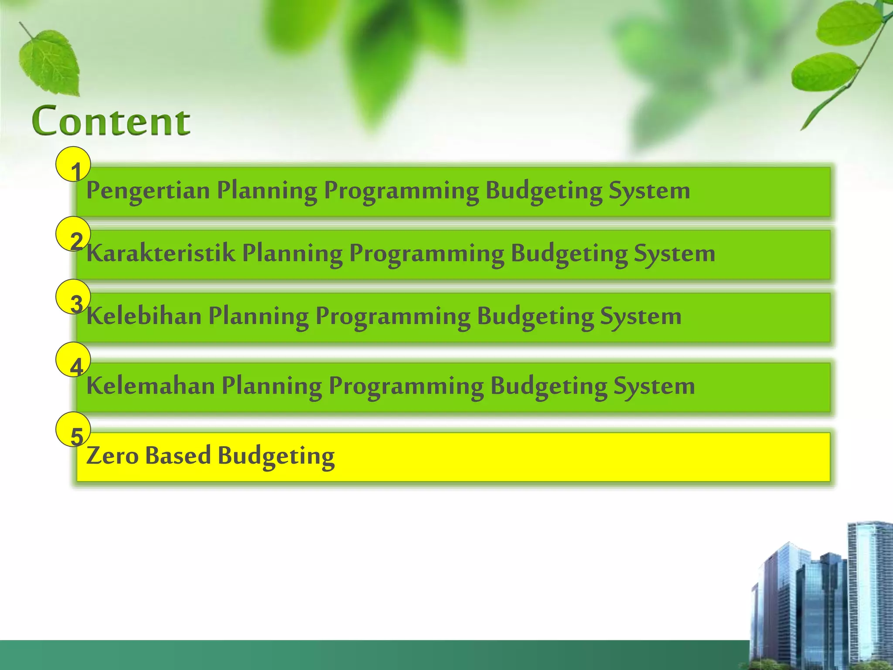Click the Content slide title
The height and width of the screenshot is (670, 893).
tap(111, 121)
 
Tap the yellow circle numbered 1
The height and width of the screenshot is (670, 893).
tap(73, 164)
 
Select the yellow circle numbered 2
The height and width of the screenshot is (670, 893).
tap(73, 234)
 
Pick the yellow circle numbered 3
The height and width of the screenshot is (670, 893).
tap(73, 297)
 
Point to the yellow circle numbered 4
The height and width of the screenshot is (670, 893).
tap(73, 360)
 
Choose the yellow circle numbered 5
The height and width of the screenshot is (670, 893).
tap(73, 430)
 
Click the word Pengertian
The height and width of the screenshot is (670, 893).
tap(148, 191)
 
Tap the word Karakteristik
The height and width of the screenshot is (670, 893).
tap(160, 253)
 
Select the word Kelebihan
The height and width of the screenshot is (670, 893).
tap(143, 316)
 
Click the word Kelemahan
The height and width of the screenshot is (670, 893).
tap(150, 386)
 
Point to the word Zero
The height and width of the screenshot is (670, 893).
tap(112, 456)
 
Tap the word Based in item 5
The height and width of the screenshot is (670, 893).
tap(178, 456)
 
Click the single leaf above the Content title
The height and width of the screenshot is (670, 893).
tap(50, 62)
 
